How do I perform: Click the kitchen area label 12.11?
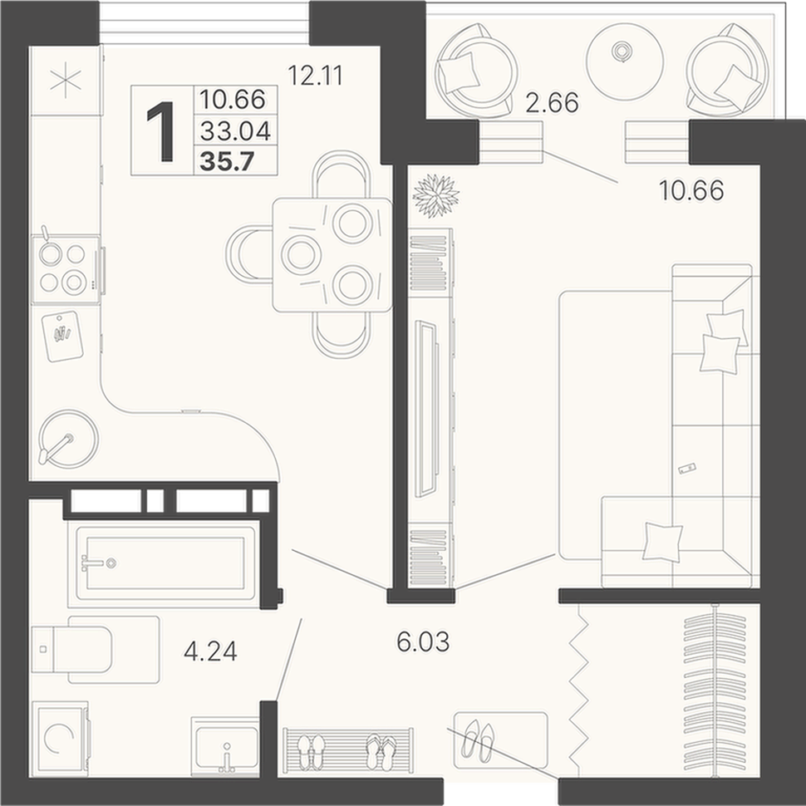[315, 76]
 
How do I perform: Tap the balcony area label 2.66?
[552, 103]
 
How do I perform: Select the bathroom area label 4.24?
[210, 651]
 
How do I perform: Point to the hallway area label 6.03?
[423, 642]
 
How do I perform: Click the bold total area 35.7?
[227, 161]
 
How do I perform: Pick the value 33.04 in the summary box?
[235, 131]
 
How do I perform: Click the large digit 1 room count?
[161, 131]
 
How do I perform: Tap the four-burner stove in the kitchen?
[66, 269]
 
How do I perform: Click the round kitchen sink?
[68, 439]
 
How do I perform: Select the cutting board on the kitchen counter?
[62, 337]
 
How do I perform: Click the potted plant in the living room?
[436, 195]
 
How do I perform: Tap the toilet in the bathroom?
[96, 650]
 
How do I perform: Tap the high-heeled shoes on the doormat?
[478, 740]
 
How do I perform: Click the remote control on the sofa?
[686, 469]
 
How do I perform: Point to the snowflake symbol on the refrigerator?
[66, 80]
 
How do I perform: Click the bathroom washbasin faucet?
[227, 757]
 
